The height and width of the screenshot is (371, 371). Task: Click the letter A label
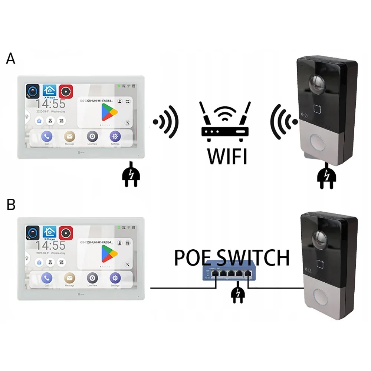pos(11,58)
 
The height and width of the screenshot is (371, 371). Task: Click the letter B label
pos(11,204)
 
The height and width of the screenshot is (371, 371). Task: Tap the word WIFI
pos(227,156)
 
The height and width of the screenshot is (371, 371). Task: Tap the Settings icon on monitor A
pos(115,137)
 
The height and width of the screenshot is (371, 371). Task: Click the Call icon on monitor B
pos(47,278)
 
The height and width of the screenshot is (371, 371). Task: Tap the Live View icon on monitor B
pos(92,278)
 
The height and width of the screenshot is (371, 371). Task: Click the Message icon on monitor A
pos(69,137)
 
